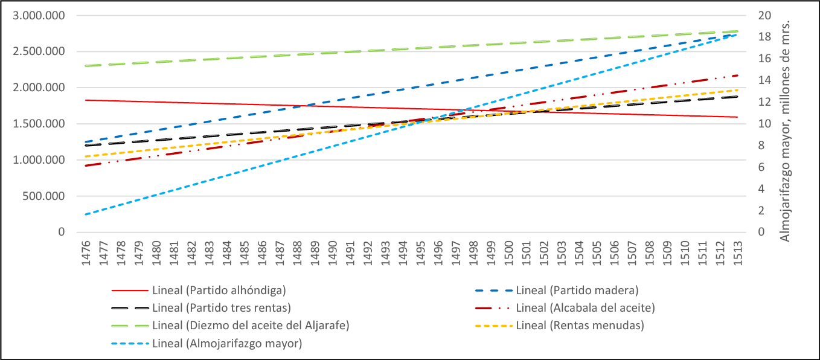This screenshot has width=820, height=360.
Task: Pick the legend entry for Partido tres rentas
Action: pyautogui.click(x=222, y=307)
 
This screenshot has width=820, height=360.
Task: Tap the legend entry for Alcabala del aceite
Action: pyautogui.click(x=586, y=307)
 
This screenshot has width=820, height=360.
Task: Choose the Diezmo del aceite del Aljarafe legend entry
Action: pyautogui.click(x=251, y=326)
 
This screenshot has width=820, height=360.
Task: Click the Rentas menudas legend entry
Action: pyautogui.click(x=580, y=326)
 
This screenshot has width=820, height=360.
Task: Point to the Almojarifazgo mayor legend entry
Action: pyautogui.click(x=227, y=344)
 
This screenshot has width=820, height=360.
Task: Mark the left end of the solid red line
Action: pyautogui.click(x=86, y=100)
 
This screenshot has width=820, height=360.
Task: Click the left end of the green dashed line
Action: pyautogui.click(x=86, y=65)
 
